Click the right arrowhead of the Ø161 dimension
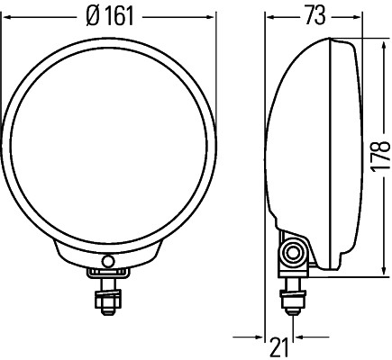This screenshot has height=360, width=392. [x=213, y=16]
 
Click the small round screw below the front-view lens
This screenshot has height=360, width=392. [x=110, y=261]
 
